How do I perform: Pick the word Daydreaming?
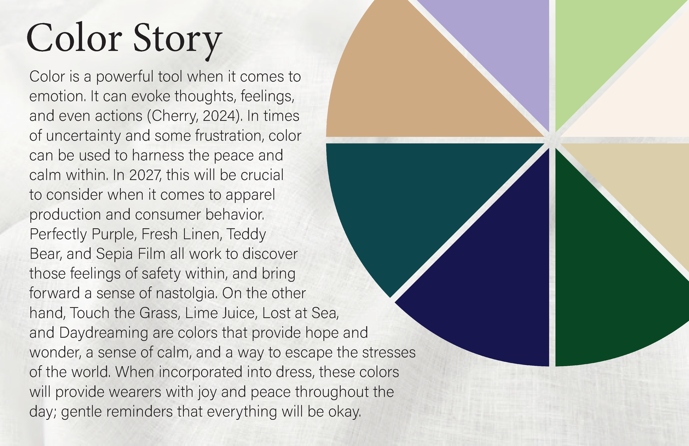[103, 333]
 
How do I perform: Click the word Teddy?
[246, 234]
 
